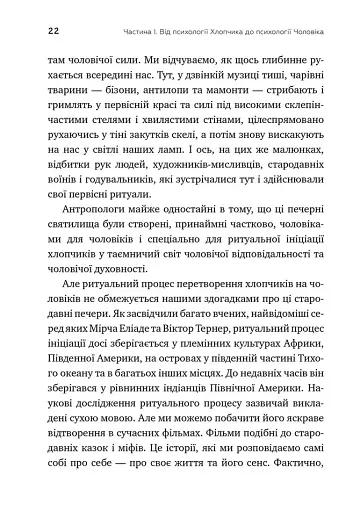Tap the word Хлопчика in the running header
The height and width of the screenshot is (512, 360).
pyautogui.click(x=227, y=32)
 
